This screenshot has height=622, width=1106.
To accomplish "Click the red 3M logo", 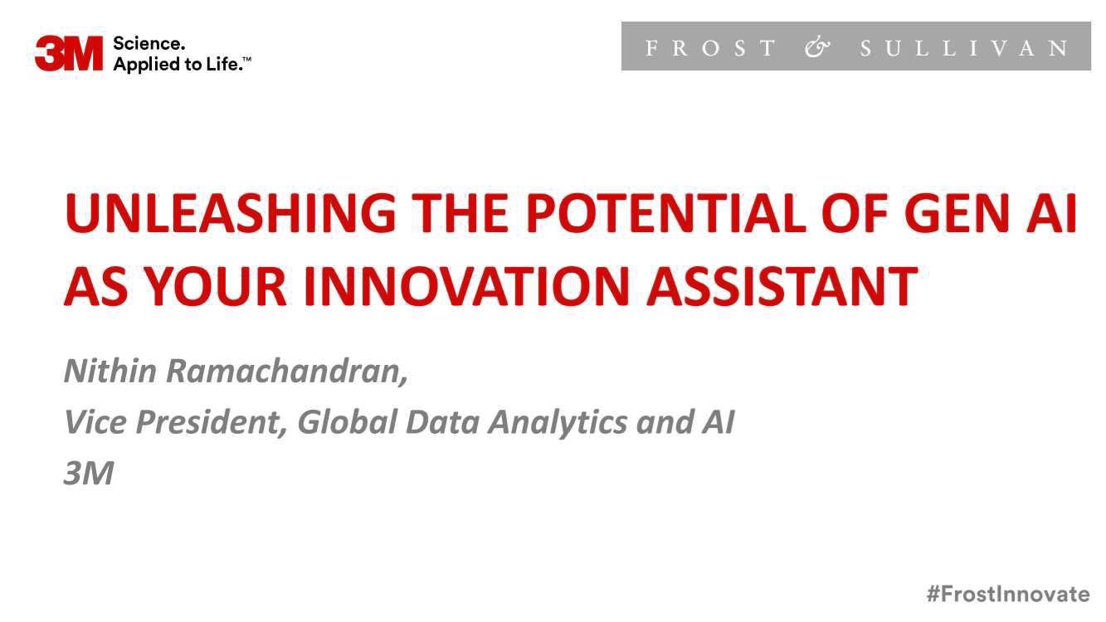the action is click(x=69, y=53).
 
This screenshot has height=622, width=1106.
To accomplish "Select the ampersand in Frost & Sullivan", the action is click(x=817, y=47).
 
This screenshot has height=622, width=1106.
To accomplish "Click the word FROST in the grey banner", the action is click(x=710, y=48).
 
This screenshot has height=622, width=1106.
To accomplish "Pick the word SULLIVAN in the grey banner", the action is click(x=963, y=48).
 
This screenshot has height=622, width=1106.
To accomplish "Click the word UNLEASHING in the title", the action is click(x=230, y=213).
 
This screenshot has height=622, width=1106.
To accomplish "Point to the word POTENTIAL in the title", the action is click(x=666, y=213).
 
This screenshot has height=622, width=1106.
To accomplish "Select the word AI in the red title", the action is click(x=1051, y=213).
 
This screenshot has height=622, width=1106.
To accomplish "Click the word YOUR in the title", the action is click(x=216, y=286).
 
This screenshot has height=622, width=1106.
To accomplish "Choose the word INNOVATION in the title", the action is click(x=466, y=286).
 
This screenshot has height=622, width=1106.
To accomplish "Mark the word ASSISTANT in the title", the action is click(x=782, y=286).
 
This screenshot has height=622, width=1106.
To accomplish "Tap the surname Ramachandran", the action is click(x=287, y=372).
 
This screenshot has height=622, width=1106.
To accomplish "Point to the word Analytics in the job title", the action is click(x=558, y=423).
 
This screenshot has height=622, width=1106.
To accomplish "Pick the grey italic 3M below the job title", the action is click(x=89, y=473).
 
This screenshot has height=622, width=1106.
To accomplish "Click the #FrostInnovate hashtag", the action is click(x=1008, y=593).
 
